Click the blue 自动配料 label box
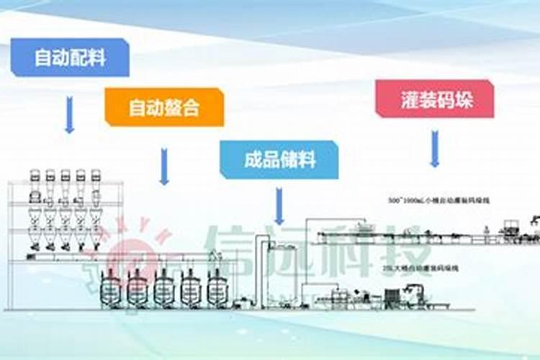tap(70, 58)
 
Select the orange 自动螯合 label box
tap(164, 107)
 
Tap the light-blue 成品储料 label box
tap(279, 159)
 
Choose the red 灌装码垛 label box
tap(434, 99)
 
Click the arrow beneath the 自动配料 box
tap(69, 114)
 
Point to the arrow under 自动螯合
tap(164, 166)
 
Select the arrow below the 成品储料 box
tap(279, 206)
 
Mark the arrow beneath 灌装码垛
tap(434, 149)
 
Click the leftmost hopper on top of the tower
tap(35, 177)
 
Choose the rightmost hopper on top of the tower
tap(95, 177)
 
